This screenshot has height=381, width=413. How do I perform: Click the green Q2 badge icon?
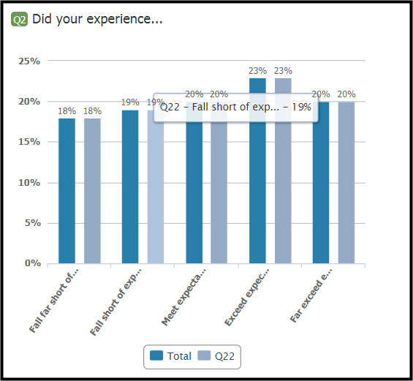[x=19, y=19]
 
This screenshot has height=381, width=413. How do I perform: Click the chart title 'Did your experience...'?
[x=97, y=19]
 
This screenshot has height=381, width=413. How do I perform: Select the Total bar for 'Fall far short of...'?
[x=67, y=191]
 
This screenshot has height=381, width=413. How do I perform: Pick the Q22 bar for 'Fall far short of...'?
[x=92, y=191]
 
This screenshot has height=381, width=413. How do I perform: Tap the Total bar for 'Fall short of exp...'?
[x=130, y=186]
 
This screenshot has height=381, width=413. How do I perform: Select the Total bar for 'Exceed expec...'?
[x=257, y=170]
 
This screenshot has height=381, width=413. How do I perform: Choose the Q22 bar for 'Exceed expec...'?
[x=283, y=170]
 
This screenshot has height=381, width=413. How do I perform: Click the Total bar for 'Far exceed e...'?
[x=321, y=183]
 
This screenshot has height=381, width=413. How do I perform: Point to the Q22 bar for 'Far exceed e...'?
[x=346, y=183]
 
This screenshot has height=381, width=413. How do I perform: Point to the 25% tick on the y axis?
[x=29, y=61]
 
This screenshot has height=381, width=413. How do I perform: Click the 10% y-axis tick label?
[x=29, y=183]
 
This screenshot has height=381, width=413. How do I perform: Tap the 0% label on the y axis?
[x=33, y=263]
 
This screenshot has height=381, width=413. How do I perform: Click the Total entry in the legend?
[x=170, y=356]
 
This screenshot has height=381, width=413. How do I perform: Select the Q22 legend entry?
[x=216, y=356]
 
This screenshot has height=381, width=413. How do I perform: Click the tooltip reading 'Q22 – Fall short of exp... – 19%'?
[x=235, y=107]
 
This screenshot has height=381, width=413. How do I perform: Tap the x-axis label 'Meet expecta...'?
[x=183, y=297]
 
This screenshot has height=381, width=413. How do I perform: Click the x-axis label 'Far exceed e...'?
[x=311, y=295]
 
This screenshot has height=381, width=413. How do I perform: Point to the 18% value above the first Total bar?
[x=67, y=111]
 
